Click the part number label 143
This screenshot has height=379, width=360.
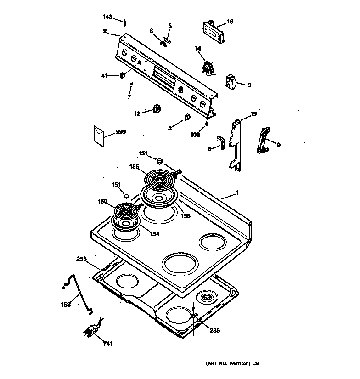coord(107,17)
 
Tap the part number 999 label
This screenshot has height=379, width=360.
coord(120,132)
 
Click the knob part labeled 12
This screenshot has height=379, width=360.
coord(157,109)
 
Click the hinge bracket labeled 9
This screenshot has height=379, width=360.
coord(263,140)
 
